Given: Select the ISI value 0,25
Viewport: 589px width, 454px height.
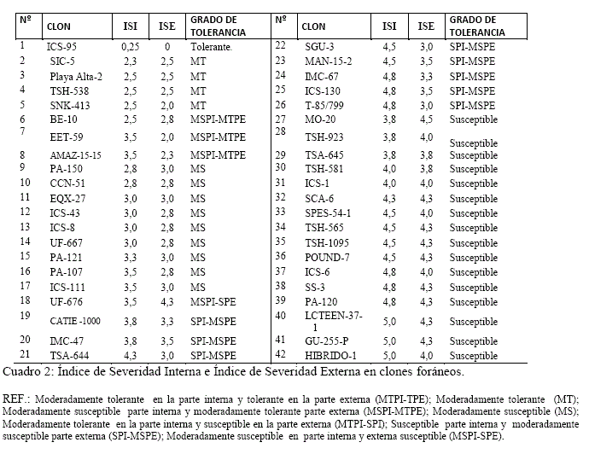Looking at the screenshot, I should coord(130,46).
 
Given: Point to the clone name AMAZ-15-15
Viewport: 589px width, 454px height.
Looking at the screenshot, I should coord(75,155).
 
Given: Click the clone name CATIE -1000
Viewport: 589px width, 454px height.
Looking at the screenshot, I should coord(75,320).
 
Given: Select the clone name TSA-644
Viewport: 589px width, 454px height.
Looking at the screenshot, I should coord(67,355).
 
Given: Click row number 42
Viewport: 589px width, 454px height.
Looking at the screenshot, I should coord(280,354).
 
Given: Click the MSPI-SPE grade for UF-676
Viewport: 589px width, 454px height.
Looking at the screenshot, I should coord(213,302).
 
